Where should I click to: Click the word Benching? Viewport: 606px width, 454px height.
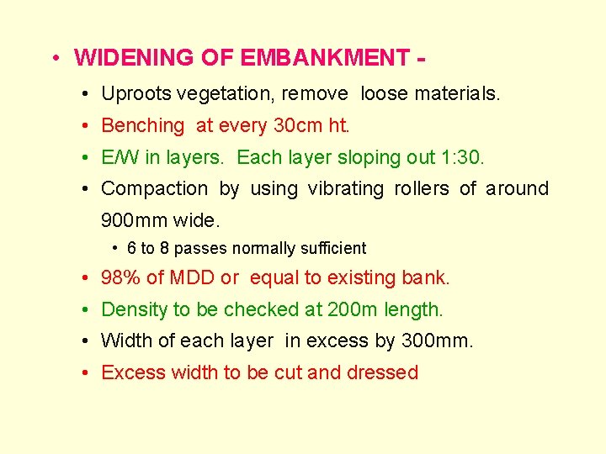pyautogui.click(x=142, y=126)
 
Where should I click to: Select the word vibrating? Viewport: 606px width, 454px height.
pyautogui.click(x=346, y=189)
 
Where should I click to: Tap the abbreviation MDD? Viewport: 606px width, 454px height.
pyautogui.click(x=192, y=277)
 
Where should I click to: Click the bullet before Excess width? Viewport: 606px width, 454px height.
pyautogui.click(x=88, y=372)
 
